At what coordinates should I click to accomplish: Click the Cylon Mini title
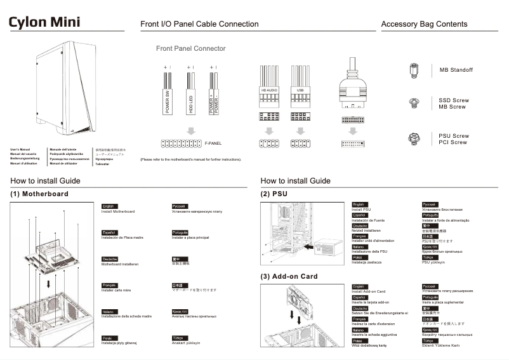(x=44, y=22)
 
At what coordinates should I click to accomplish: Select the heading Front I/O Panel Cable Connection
(x=199, y=24)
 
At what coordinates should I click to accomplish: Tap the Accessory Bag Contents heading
(x=424, y=24)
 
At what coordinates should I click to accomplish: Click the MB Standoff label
(x=456, y=70)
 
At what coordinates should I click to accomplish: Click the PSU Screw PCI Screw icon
(x=414, y=138)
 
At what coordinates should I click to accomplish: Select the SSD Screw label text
(x=454, y=100)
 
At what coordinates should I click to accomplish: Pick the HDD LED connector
(x=189, y=95)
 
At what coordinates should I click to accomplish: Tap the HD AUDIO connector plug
(x=269, y=89)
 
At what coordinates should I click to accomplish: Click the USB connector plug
(x=300, y=89)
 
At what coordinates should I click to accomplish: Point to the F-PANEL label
(x=213, y=143)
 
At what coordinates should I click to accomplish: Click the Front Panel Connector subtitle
(x=190, y=48)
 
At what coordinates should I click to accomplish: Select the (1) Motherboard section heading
(x=39, y=194)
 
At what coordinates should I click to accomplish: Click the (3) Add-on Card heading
(x=289, y=277)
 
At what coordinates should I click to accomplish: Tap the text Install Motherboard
(x=119, y=211)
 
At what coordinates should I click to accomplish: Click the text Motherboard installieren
(x=120, y=263)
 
